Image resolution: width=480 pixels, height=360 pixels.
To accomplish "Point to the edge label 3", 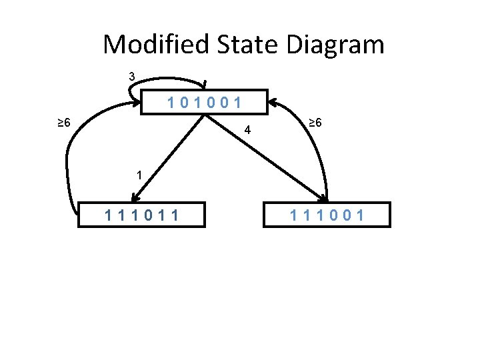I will coord(132,77).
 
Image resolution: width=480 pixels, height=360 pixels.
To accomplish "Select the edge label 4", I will coord(247,130).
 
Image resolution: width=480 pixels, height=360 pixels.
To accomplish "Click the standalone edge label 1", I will coord(138,176).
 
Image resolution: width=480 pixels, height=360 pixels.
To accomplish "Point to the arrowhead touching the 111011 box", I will coord(135,197).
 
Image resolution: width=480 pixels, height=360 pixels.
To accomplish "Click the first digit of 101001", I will coord(172,103).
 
